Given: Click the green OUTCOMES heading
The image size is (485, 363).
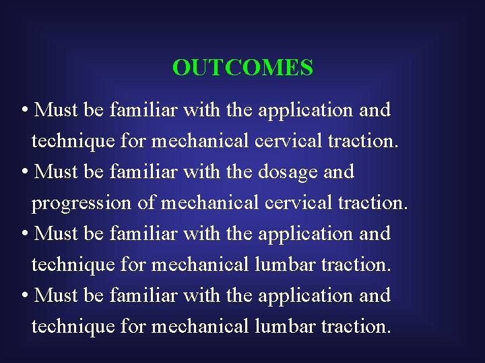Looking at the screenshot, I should coord(243,68).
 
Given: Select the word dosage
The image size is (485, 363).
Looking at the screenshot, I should coord(288,172).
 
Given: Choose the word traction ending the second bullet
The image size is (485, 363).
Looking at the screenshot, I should coord(374,203).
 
